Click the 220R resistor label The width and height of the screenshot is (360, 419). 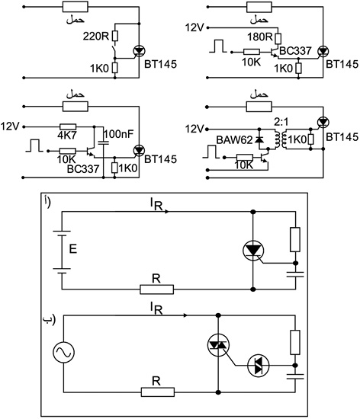click(x=96, y=36)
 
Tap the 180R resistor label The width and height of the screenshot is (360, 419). click(x=259, y=37)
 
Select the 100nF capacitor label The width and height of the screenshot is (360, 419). click(x=118, y=134)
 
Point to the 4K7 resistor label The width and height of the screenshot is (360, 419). click(x=67, y=136)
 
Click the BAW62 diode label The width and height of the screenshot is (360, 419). click(x=234, y=140)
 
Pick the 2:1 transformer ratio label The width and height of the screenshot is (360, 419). click(x=281, y=122)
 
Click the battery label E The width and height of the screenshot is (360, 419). click(x=72, y=249)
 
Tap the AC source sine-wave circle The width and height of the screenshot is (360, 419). click(x=63, y=352)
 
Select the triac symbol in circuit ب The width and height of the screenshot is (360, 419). click(x=218, y=346)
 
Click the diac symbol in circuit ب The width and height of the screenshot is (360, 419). click(x=258, y=366)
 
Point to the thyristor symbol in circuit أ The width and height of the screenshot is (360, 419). click(x=253, y=251)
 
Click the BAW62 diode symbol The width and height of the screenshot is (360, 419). click(x=259, y=139)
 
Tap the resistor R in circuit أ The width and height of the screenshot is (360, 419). click(x=156, y=289)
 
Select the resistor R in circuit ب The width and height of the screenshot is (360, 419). click(x=158, y=392)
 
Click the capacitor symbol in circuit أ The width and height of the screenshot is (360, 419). click(x=295, y=274)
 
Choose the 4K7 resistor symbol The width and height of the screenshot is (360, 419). click(x=68, y=127)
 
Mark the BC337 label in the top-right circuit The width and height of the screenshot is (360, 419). click(x=295, y=51)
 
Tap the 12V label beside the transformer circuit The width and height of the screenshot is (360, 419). click(x=194, y=130)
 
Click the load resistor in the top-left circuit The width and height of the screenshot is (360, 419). click(x=76, y=7)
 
